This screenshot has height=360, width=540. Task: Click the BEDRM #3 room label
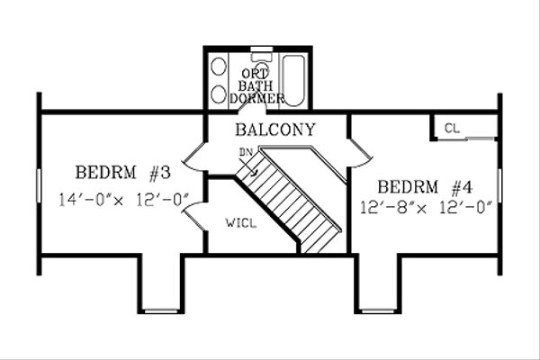[x=117, y=172]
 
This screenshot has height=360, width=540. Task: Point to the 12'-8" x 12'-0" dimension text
[x=426, y=208]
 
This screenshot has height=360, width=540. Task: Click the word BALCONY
[x=274, y=130]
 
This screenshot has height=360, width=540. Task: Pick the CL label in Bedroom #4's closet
[x=452, y=129]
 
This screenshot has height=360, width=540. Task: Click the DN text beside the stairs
[x=245, y=152]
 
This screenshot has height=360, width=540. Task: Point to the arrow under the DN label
[x=255, y=166]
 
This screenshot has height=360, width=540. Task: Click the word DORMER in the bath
[x=257, y=97]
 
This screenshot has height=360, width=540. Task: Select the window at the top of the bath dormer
[x=262, y=47]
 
